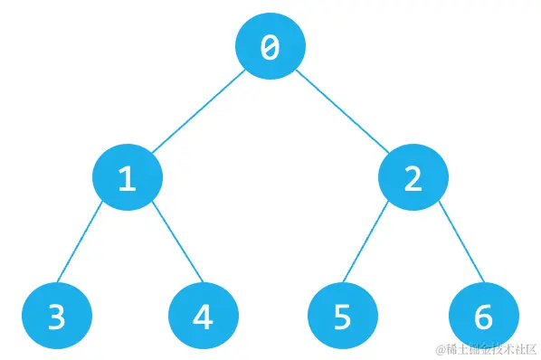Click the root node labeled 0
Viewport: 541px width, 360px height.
click(270, 46)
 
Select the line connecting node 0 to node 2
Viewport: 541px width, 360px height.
click(342, 112)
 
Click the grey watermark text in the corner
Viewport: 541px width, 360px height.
click(485, 349)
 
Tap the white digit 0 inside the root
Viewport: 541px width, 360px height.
click(270, 48)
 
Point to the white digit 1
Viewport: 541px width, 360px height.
click(127, 179)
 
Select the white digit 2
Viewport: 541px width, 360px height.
click(413, 179)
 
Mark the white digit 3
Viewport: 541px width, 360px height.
click(56, 317)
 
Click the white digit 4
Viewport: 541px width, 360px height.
click(204, 317)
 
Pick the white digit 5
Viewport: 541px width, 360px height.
click(342, 317)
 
